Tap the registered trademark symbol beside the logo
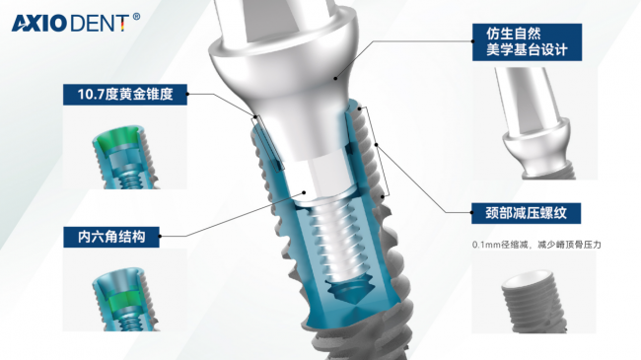click(x=136, y=17)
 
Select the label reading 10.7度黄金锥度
click(x=125, y=95)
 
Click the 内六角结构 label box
click(x=111, y=237)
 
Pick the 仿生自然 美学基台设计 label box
click(x=527, y=42)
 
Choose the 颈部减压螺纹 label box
click(x=527, y=213)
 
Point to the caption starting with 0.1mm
click(x=536, y=245)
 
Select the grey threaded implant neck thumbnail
click(x=534, y=302)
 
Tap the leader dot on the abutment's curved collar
click(x=335, y=78)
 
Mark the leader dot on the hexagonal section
click(x=304, y=192)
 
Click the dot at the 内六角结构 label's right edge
click(x=160, y=237)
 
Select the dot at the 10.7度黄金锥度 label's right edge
click(x=187, y=94)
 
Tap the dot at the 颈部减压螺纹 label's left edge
click(x=471, y=213)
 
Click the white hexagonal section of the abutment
click(x=322, y=177)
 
